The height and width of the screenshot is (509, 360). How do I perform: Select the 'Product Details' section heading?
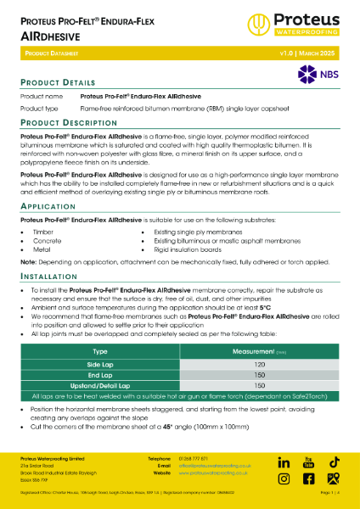(56, 82)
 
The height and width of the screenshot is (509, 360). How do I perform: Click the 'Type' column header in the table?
(99, 350)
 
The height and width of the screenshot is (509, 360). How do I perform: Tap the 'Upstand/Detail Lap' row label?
(99, 385)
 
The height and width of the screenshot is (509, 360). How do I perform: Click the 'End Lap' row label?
(99, 374)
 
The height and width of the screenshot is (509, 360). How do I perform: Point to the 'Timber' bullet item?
(42, 231)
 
